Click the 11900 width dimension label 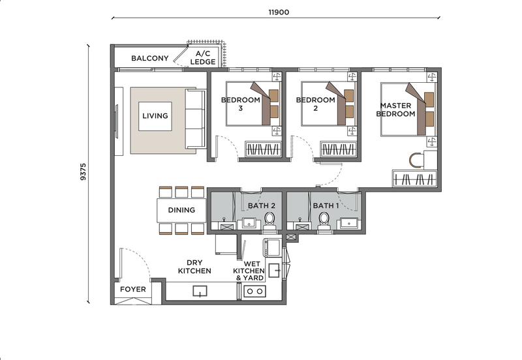(279, 12)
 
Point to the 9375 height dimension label (83, 172)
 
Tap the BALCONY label (150, 58)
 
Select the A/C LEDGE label (203, 57)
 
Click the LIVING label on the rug (155, 116)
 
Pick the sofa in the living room (195, 119)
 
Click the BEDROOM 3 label (241, 104)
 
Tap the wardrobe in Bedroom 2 (338, 149)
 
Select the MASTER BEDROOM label (396, 110)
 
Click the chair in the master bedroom (416, 160)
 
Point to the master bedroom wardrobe (414, 179)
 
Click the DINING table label (181, 210)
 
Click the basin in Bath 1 (349, 224)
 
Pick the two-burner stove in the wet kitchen (254, 292)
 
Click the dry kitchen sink (200, 291)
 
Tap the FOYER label (133, 289)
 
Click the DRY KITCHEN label (194, 267)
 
